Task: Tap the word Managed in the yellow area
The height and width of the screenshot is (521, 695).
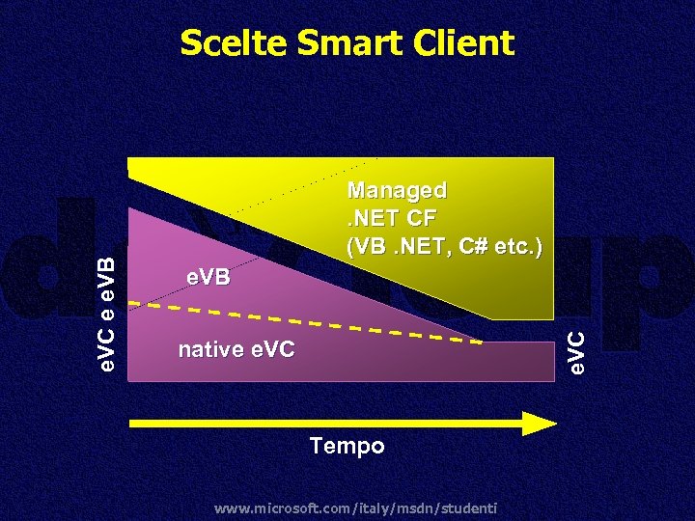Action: [397, 189]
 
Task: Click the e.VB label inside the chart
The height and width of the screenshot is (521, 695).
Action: [208, 278]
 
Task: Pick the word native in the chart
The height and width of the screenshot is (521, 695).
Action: [208, 349]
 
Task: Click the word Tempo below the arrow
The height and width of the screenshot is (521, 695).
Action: [347, 446]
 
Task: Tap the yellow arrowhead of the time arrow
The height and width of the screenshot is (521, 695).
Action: [541, 423]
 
